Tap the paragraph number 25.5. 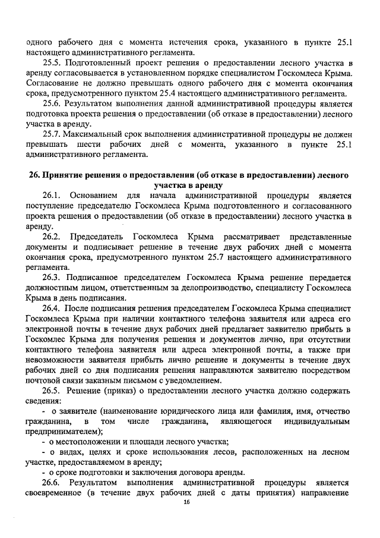coord(52,62)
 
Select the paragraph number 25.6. coord(52,103)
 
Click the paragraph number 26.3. coord(52,277)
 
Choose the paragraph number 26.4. coord(52,308)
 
